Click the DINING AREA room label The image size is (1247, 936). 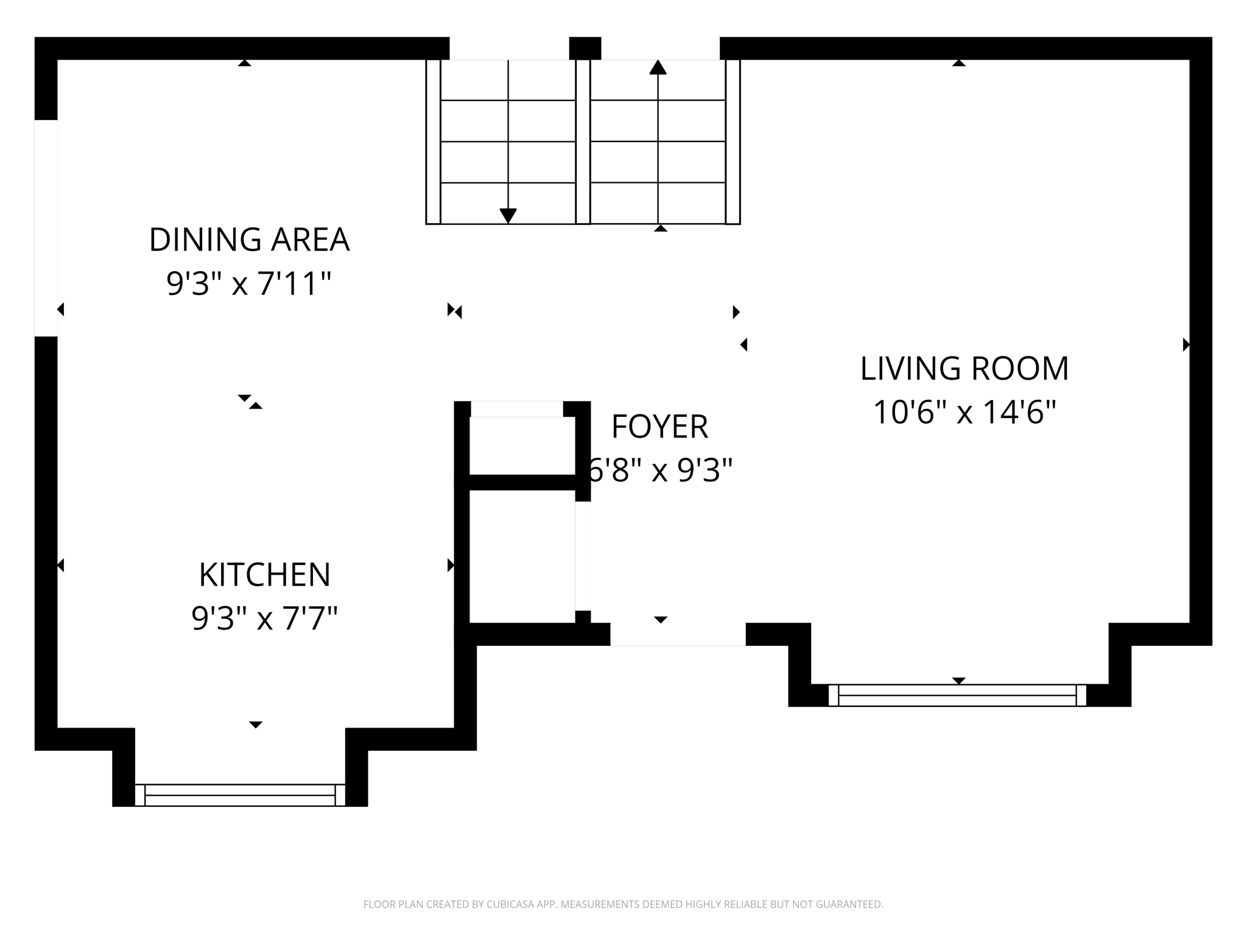249,239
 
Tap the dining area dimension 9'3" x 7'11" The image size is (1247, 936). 249,284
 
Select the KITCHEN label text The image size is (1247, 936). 264,575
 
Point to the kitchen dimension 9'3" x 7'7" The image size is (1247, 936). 264,619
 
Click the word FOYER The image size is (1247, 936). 659,427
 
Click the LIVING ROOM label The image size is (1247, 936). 964,369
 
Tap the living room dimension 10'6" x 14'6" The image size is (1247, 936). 964,413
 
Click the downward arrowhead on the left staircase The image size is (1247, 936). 508,216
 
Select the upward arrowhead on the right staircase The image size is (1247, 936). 658,67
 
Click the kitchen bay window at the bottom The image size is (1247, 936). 240,795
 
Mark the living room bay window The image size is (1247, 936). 957,695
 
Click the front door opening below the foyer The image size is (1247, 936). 678,634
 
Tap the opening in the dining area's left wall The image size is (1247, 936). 46,228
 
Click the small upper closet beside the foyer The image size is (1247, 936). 522,445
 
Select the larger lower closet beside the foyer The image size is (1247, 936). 522,556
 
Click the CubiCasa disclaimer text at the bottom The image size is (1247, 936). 623,904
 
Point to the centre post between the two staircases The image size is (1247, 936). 583,141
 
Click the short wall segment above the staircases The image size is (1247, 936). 585,48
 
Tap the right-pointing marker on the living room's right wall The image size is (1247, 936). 1186,345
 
